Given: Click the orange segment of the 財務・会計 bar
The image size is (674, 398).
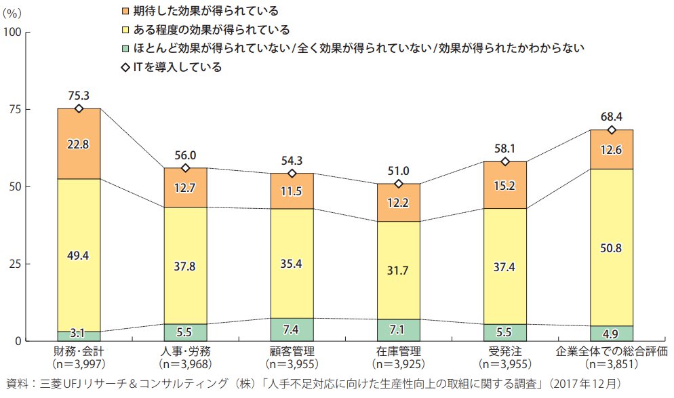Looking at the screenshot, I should coord(79,144).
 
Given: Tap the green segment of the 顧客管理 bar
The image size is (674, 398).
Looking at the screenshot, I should coord(292,329).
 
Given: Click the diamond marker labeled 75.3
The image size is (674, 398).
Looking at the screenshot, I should coord(79,108).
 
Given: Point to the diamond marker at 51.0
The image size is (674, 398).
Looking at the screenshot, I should coord(398,184).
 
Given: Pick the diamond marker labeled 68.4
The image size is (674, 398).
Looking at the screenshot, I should coord(612,130).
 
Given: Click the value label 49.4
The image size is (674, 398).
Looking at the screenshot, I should coord(79,256).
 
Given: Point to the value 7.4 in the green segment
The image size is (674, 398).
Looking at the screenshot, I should coord(292,330).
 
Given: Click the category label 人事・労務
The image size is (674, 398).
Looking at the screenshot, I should coord(185,352).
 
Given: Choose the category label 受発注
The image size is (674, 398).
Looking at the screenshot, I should coord(505,352).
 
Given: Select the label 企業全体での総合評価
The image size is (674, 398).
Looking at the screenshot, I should coord(612,352).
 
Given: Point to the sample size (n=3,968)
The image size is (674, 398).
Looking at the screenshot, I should coord(185,363).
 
